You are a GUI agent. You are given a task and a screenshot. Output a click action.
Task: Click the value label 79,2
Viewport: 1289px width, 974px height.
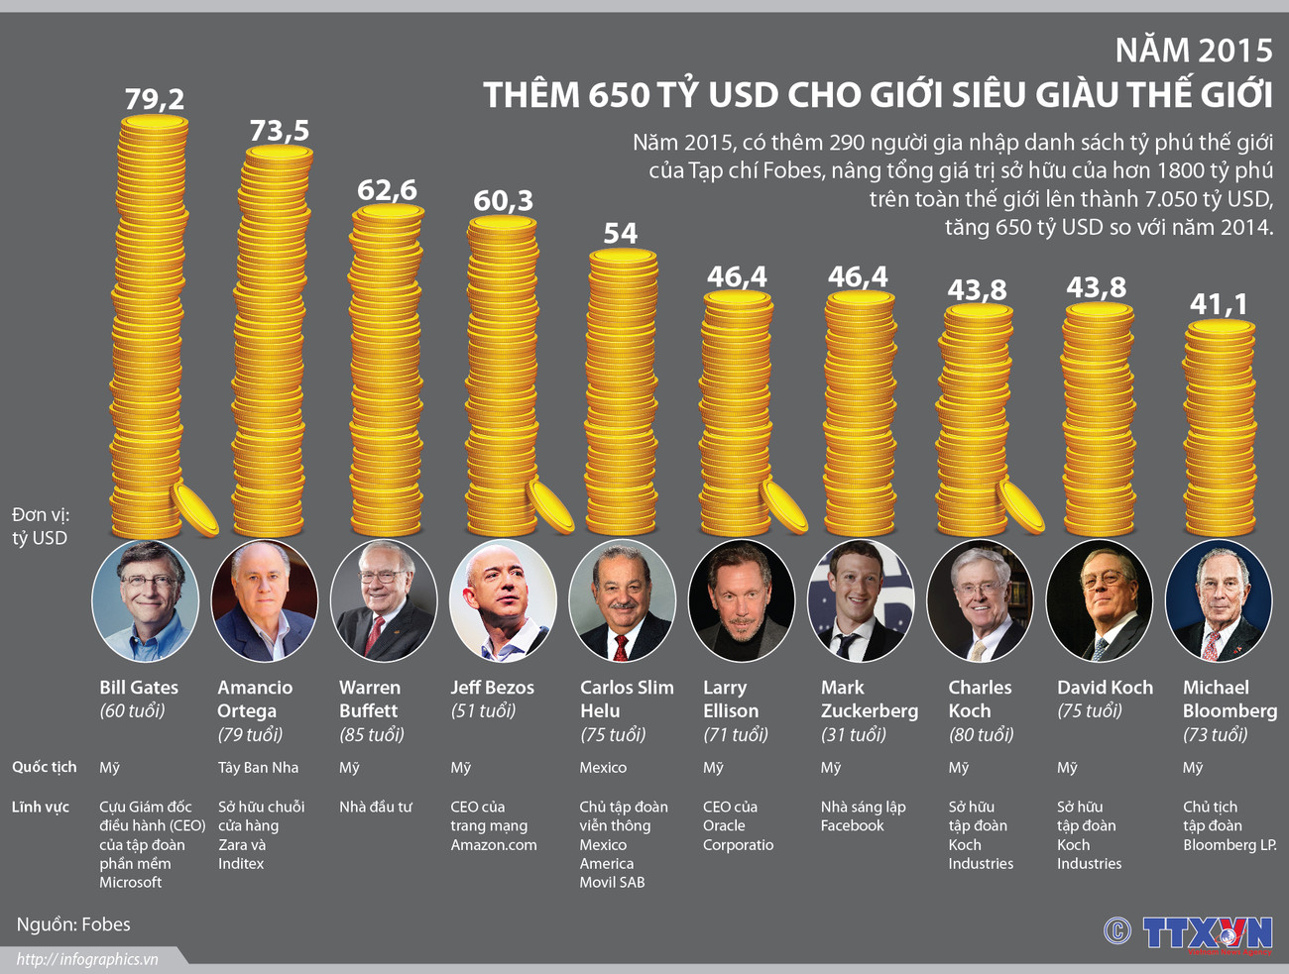click(x=154, y=99)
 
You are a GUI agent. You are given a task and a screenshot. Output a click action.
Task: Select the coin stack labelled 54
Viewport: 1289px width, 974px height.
click(x=623, y=391)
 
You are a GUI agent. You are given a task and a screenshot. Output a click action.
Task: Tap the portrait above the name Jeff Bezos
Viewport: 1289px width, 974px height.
click(x=503, y=600)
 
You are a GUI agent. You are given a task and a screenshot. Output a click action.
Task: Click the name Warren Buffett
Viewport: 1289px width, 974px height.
click(x=370, y=699)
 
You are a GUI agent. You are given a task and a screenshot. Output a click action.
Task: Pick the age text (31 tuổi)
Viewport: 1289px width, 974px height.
click(x=854, y=734)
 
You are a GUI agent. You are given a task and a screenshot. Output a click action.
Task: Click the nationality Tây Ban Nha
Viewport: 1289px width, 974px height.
click(x=258, y=768)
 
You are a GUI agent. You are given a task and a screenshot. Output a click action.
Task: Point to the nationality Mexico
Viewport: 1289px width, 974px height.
click(x=603, y=768)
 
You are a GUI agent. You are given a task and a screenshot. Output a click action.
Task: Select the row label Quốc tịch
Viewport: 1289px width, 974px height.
click(x=44, y=768)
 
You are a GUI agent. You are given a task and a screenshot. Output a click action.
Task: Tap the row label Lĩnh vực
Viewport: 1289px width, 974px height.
click(x=41, y=807)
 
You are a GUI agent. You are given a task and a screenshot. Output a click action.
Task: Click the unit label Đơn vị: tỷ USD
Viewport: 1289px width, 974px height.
click(x=40, y=526)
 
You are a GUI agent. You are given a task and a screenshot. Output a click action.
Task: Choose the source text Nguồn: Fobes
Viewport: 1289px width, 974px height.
click(x=73, y=924)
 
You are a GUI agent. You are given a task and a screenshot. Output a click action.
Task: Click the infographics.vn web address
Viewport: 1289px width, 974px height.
click(x=87, y=959)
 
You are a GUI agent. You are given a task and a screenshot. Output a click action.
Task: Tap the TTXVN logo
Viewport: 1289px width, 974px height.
click(x=1207, y=933)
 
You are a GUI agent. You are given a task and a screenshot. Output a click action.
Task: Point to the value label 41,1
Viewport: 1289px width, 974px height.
click(x=1219, y=304)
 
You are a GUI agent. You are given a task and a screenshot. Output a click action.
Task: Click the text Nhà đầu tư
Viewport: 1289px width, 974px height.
click(x=376, y=807)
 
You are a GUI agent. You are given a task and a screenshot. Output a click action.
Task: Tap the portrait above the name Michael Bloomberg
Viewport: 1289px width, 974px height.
click(x=1218, y=600)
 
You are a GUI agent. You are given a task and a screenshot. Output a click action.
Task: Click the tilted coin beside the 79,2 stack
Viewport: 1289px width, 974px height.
click(x=195, y=509)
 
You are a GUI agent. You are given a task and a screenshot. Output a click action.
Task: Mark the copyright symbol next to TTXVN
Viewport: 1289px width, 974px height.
click(x=1117, y=931)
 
